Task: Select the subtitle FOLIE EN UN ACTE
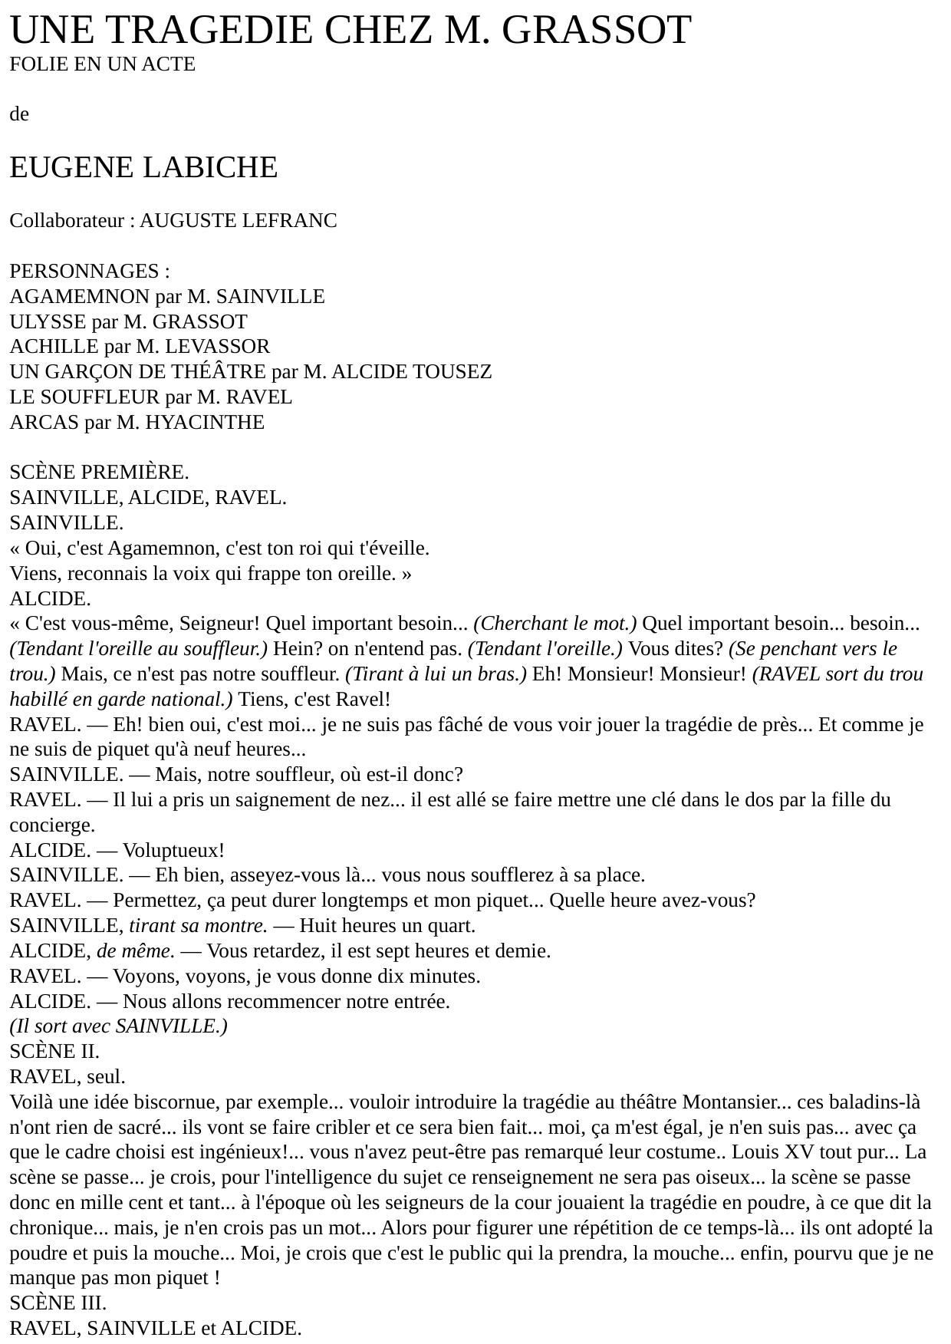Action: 102,64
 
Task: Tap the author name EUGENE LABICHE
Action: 143,167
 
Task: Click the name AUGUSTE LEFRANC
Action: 238,221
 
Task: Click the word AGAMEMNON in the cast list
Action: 80,297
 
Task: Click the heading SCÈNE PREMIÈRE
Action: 99,473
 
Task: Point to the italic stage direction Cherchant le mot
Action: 555,624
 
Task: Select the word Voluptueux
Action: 173,851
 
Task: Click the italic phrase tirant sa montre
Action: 198,926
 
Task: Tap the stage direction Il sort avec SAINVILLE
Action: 118,1026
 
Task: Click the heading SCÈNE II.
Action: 54,1052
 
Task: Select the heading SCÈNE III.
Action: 58,1303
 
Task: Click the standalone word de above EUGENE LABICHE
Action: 19,114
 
